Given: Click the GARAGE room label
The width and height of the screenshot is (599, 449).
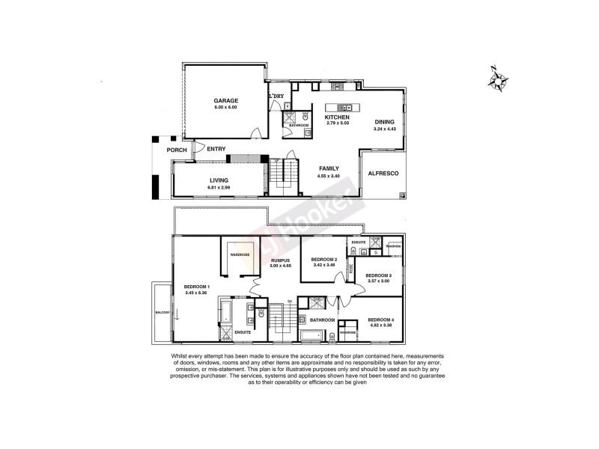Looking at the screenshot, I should tap(225, 100).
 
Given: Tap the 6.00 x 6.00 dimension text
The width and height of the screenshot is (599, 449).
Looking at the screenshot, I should tap(225, 107).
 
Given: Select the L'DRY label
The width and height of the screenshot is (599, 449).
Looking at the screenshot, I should tap(276, 97).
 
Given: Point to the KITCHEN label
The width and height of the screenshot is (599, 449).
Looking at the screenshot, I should tap(337, 117).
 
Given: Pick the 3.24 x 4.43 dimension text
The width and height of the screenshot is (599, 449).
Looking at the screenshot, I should tap(383, 129).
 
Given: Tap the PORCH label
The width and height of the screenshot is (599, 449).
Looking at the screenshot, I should tap(177, 150).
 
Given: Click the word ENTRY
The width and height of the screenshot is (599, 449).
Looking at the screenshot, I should tap(216, 149).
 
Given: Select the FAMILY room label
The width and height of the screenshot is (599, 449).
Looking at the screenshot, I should tap(329, 168).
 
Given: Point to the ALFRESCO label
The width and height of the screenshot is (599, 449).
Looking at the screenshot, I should tap(383, 174).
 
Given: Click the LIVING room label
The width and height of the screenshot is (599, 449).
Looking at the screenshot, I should tap(219, 180).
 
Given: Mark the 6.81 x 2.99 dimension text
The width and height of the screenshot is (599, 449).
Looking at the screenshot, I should tap(219, 187).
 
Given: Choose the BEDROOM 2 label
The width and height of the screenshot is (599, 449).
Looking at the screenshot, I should tap(324, 259).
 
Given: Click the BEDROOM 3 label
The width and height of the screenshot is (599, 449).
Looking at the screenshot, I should tap(379, 275).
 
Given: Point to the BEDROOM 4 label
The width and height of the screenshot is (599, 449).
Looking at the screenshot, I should tap(383, 320).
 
